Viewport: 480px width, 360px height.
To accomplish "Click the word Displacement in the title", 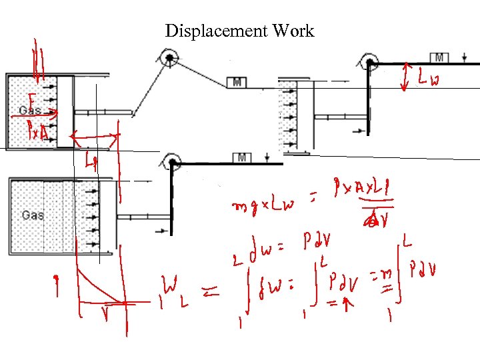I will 207,31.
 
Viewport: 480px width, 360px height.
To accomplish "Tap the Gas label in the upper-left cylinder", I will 31,110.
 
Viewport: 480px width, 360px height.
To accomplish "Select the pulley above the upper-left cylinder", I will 170,59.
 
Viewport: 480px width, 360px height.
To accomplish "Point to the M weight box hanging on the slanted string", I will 237,82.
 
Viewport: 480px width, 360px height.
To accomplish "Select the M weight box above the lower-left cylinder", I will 242,157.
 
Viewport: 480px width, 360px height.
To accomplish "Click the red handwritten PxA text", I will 37,130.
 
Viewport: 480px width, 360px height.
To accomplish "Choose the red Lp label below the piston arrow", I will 91,161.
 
